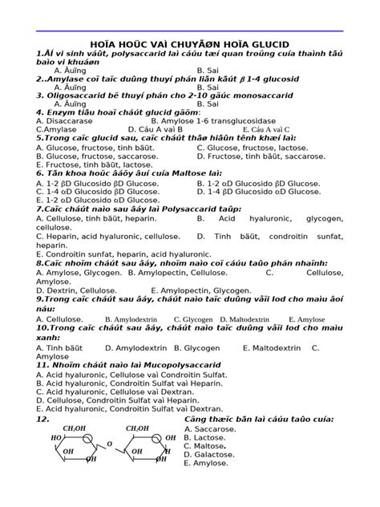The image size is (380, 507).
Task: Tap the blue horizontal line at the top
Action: (x=190, y=31)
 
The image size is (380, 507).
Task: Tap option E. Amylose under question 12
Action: (x=206, y=463)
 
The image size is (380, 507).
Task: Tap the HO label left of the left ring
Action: (x=55, y=439)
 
